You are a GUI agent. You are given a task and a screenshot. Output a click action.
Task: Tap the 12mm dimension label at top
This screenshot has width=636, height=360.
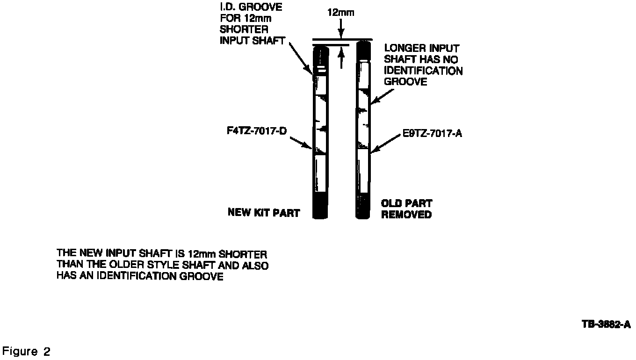341,13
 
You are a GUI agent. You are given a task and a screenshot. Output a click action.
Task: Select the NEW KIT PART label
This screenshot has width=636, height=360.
264,212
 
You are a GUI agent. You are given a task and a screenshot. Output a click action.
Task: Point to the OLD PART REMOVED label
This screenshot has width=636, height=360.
406,209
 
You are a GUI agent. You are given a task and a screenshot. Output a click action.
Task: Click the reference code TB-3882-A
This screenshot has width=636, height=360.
606,324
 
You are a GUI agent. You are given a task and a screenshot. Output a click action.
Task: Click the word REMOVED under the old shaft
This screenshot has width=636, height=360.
406,215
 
